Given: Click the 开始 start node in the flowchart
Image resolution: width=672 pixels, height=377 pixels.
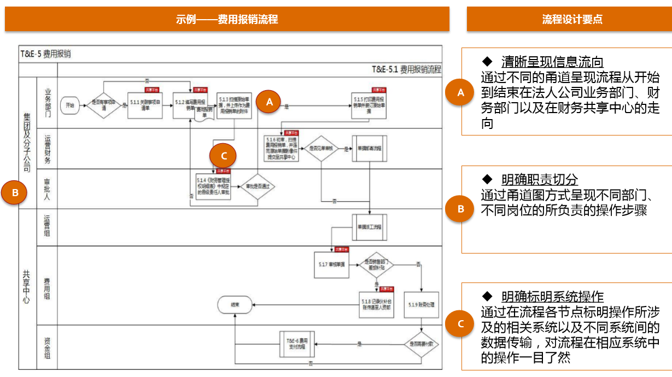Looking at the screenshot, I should (x=70, y=105).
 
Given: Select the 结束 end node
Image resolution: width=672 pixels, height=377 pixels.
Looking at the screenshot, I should (x=235, y=305).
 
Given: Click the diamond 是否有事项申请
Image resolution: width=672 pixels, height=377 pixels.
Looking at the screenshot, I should (x=103, y=102).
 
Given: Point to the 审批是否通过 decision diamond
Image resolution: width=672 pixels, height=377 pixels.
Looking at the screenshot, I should (x=258, y=187).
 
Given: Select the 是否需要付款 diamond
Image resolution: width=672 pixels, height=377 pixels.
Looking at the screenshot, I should (x=422, y=344).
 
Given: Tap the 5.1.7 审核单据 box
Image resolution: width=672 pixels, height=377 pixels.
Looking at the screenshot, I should (x=331, y=265).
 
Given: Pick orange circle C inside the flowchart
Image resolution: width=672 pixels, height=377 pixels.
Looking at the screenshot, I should (x=223, y=156).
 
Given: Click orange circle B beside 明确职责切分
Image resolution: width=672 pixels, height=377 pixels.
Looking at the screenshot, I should (x=460, y=208).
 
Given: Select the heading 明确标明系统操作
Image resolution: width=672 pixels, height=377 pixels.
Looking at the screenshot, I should (x=552, y=297).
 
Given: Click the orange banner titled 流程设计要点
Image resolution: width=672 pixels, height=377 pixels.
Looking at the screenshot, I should (x=569, y=19).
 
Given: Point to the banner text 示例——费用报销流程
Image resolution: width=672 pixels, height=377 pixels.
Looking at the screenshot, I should (x=227, y=19).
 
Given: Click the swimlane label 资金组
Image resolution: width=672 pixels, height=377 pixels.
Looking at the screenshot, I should (x=47, y=347).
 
